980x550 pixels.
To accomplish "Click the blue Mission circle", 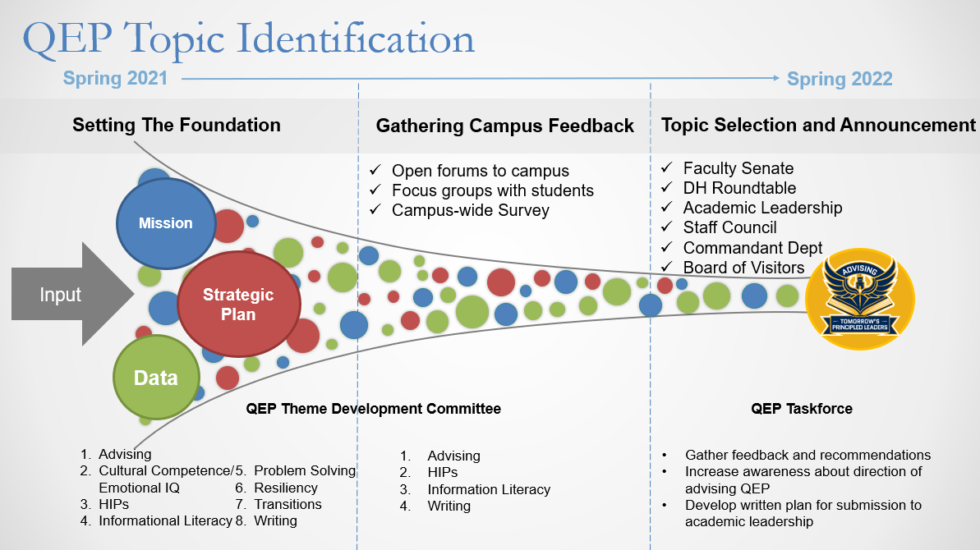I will (x=166, y=223).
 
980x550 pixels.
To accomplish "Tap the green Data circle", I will (x=156, y=378).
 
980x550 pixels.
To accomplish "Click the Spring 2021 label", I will (x=115, y=79).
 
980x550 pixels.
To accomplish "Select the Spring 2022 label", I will (x=839, y=80).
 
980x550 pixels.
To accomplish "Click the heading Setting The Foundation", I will (x=177, y=126).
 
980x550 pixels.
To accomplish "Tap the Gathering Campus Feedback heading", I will (x=504, y=126).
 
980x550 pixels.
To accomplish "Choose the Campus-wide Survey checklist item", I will (x=470, y=210).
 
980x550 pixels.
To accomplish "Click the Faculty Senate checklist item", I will (x=738, y=168).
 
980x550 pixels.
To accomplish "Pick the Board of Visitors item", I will (x=743, y=268).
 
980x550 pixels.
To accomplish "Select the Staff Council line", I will (x=729, y=227).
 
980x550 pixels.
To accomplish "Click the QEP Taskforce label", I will (x=802, y=409).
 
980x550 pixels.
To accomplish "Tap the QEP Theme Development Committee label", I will (x=373, y=409).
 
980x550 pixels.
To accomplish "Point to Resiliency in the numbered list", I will (x=286, y=488).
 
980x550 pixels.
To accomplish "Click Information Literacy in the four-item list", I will (x=489, y=489).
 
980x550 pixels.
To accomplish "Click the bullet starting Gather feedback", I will (x=807, y=455).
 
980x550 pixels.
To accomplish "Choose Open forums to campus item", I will (x=480, y=172).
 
